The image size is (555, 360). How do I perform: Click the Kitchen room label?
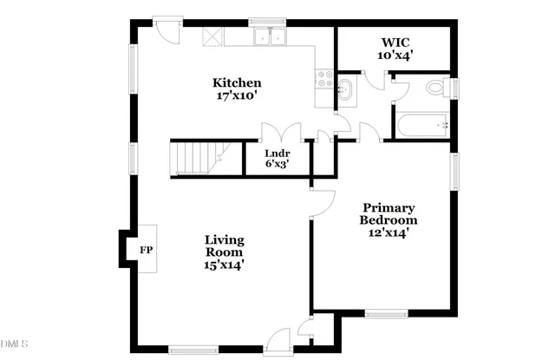237,82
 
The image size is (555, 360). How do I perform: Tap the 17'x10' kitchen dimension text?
237,97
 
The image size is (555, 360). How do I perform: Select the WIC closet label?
394,41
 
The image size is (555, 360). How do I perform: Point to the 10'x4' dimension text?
394,55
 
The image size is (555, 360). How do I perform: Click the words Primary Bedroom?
388,213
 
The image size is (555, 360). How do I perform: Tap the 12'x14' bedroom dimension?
388,232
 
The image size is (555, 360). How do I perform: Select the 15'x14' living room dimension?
224,265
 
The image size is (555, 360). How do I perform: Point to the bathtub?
421,125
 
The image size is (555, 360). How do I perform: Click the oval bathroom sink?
345,88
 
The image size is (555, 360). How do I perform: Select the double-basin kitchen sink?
271,37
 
